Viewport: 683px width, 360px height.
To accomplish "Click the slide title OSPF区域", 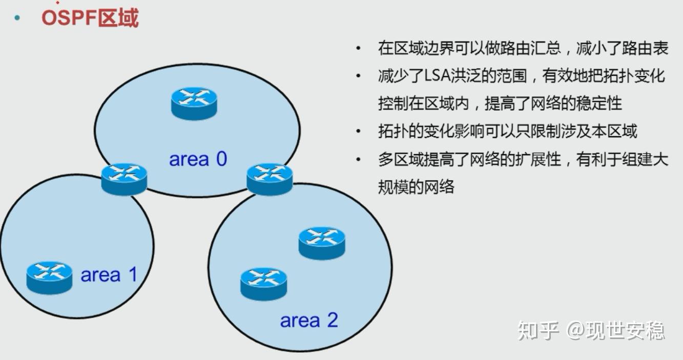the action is [90, 18].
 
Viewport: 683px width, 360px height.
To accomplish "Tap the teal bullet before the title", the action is [17, 18].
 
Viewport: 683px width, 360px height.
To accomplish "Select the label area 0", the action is [198, 159].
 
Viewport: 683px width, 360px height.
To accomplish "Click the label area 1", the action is [109, 274].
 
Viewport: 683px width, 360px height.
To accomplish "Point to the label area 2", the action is [309, 320].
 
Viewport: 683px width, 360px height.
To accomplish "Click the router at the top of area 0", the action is [194, 103].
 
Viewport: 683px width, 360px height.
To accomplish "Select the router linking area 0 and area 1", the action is [124, 179].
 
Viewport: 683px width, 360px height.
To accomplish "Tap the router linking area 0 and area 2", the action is [270, 179].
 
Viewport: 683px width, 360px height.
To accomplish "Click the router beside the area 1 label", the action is [49, 278].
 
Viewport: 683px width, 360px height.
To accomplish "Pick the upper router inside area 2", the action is [322, 243].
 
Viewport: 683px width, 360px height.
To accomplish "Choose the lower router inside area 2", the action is [264, 284].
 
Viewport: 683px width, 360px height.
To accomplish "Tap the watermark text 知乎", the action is [539, 330].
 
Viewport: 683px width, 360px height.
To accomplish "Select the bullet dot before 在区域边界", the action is [358, 48].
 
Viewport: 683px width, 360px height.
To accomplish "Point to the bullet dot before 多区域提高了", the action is [358, 159].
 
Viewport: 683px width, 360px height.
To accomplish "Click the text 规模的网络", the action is [416, 186].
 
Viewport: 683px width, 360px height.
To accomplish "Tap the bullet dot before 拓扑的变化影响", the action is [358, 132].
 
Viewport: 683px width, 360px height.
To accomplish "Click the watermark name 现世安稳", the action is [625, 330].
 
